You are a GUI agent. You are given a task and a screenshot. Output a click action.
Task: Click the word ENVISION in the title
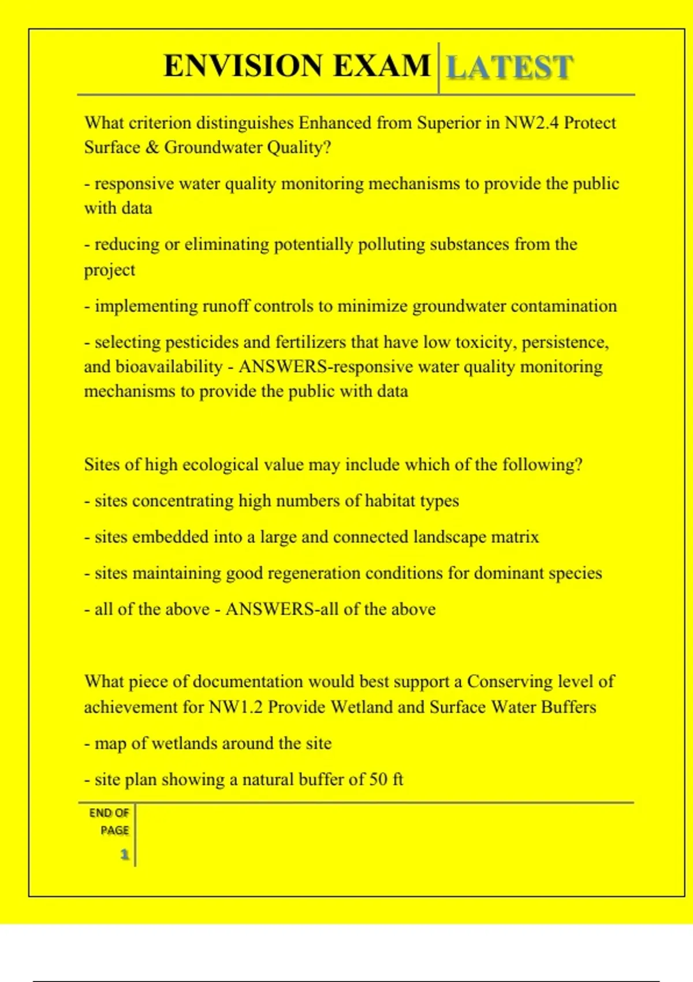tap(243, 65)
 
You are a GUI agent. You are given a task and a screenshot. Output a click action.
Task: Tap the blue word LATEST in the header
tap(510, 67)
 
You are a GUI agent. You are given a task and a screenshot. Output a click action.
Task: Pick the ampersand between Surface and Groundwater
tap(152, 147)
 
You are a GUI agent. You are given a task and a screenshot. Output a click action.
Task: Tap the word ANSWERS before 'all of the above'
tap(270, 609)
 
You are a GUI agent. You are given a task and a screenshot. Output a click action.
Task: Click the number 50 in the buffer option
tap(378, 780)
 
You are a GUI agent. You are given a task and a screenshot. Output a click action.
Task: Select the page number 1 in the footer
tap(124, 854)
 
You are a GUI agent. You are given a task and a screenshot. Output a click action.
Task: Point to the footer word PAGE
tap(114, 831)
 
